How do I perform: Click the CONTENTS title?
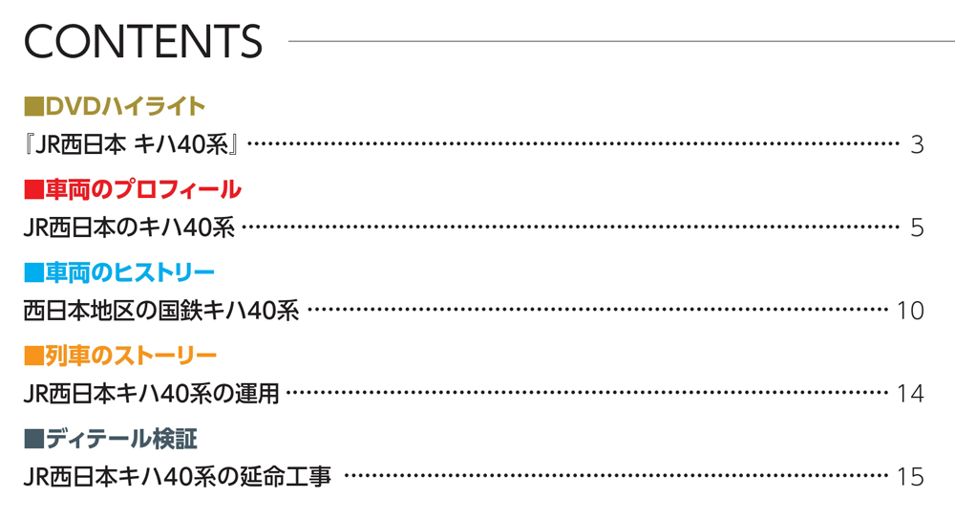click(x=143, y=41)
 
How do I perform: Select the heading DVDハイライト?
click(x=125, y=107)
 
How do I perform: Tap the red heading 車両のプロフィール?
click(x=143, y=189)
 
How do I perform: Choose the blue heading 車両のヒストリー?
click(x=130, y=272)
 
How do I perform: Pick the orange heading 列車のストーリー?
click(x=131, y=356)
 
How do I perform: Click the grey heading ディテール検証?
click(x=121, y=439)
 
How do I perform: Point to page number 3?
click(x=917, y=145)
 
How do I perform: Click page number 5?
click(x=917, y=228)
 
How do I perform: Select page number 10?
click(x=910, y=311)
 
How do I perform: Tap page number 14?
click(x=910, y=394)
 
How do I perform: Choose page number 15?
click(x=910, y=477)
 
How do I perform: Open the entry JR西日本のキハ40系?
click(x=129, y=228)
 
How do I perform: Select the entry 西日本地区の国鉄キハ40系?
click(x=161, y=311)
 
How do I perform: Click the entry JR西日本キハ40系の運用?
click(x=151, y=394)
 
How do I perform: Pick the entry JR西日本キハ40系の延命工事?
click(x=178, y=477)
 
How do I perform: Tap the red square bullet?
click(x=34, y=189)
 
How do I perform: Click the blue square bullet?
click(x=34, y=272)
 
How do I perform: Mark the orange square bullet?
click(x=34, y=356)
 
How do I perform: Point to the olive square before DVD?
click(x=34, y=107)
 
